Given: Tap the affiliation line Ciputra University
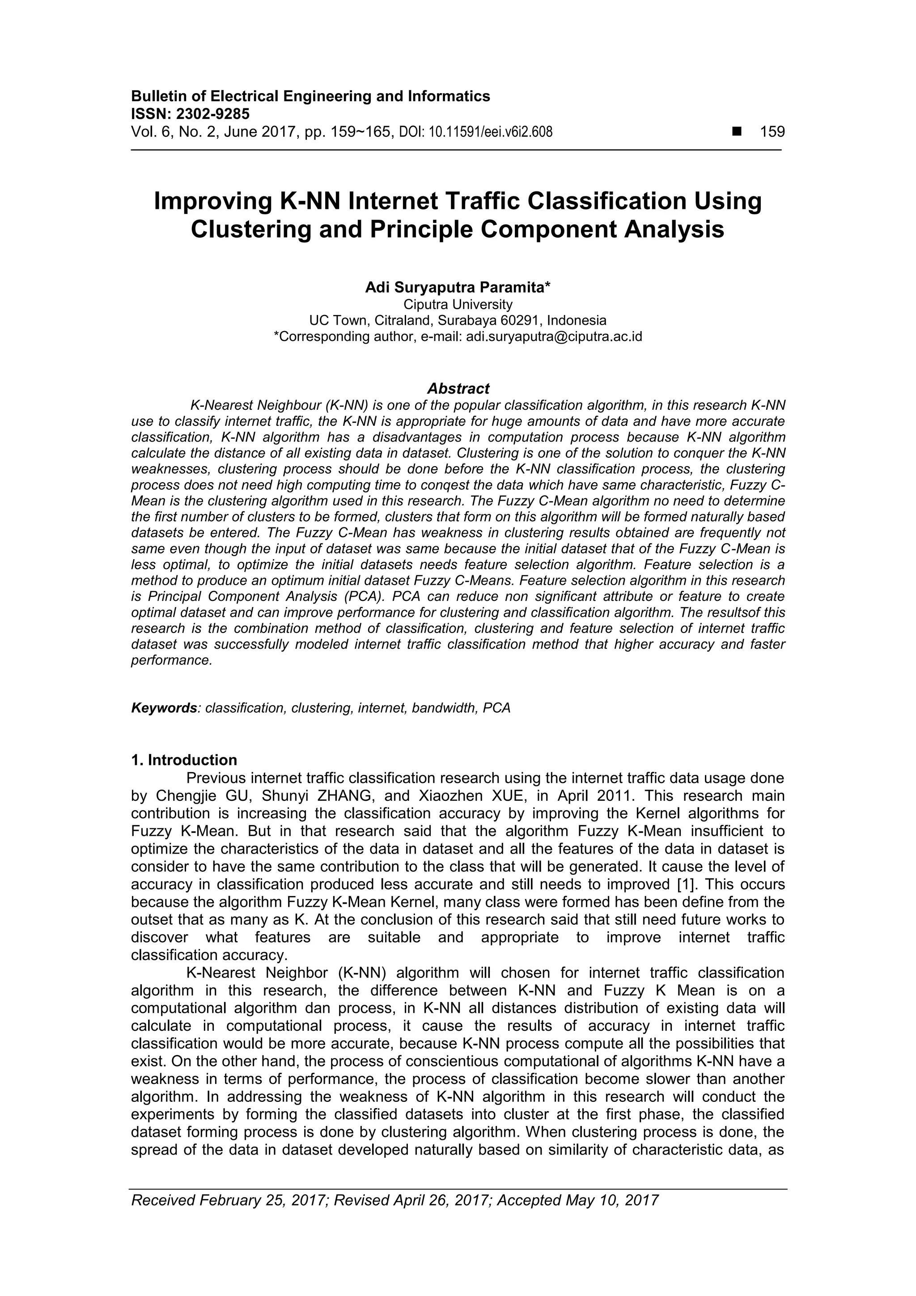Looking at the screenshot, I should coord(458,305).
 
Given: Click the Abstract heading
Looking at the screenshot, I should coord(458,388).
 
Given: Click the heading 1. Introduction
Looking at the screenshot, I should coord(184,760).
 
